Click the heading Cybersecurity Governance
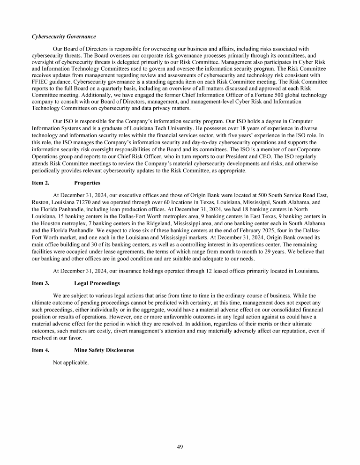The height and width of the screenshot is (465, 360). pyautogui.click(x=63, y=37)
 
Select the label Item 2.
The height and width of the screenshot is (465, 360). pyautogui.click(x=41, y=183)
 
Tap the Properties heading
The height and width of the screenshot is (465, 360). pyautogui.click(x=87, y=183)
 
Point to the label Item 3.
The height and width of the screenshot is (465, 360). pyautogui.click(x=41, y=283)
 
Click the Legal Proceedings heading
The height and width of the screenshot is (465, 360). pyautogui.click(x=97, y=283)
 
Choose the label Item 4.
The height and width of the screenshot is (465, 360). pyautogui.click(x=41, y=350)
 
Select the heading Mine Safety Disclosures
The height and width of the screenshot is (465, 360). pyautogui.click(x=105, y=350)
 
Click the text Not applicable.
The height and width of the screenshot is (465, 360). pyautogui.click(x=71, y=362)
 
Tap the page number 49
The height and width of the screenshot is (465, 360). pyautogui.click(x=180, y=447)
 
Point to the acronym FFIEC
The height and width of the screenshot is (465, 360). pyautogui.click(x=42, y=81)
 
